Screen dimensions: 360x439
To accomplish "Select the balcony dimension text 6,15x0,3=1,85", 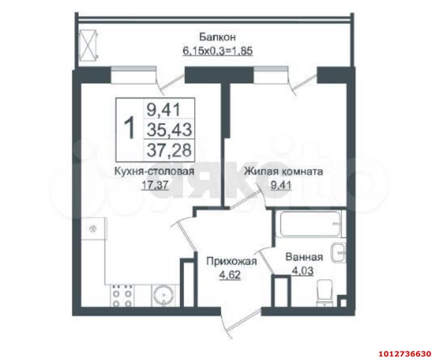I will click(217, 51).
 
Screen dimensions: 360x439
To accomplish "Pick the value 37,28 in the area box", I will click(169, 149).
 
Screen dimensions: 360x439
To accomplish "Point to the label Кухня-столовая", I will click(154, 171).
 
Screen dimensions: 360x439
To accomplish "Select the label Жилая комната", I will click(283, 171).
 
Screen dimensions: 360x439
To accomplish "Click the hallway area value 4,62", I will click(230, 275).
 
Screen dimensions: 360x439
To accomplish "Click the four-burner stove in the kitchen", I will click(122, 296).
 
